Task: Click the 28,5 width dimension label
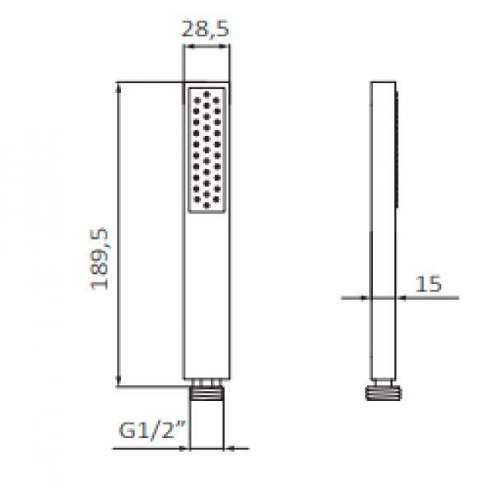click(205, 30)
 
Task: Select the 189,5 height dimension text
click(100, 259)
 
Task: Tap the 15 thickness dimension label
click(428, 284)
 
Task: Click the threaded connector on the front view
click(207, 393)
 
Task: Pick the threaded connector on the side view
click(383, 394)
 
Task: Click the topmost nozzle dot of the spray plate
click(207, 94)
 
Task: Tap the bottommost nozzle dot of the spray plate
click(207, 205)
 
